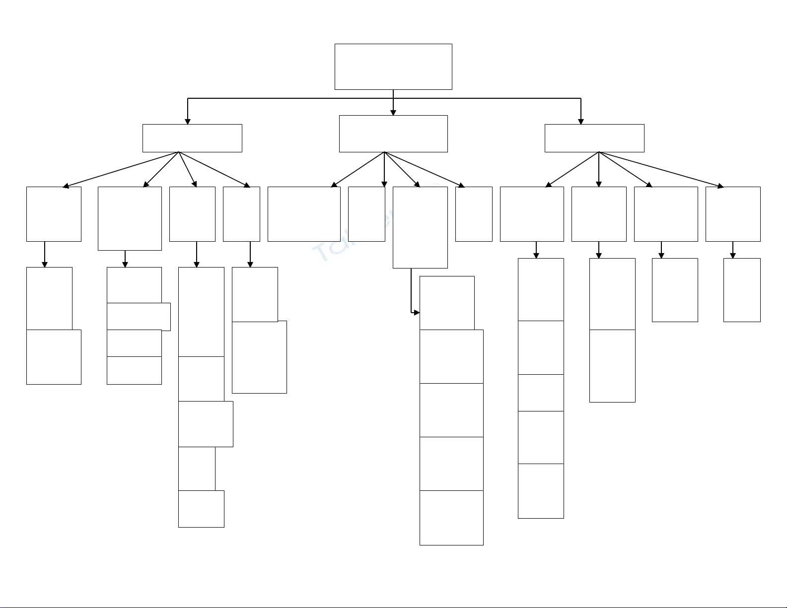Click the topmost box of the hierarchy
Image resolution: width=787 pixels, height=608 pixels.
point(393,67)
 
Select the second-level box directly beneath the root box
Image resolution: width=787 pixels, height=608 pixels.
point(393,134)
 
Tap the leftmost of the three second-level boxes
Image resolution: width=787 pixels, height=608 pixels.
point(192,138)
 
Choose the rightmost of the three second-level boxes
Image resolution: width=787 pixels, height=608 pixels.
point(594,138)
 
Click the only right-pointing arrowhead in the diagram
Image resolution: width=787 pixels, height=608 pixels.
point(417,313)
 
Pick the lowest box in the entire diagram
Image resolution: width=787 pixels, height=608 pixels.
point(451,518)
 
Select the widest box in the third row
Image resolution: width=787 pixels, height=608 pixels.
point(304,214)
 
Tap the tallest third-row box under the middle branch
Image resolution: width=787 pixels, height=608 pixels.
point(420,227)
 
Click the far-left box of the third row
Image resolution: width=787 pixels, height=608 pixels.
point(54,214)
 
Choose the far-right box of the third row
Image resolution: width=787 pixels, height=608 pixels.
point(733,214)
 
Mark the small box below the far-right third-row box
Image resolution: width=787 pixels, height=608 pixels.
point(742,290)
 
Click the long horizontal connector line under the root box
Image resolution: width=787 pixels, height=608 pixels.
point(298,98)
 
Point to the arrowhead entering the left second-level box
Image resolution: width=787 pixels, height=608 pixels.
point(188,121)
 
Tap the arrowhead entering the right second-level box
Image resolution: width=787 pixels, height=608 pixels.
point(581,121)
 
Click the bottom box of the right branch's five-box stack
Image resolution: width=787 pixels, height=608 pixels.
point(541,491)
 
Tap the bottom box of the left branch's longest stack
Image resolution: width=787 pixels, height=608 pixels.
point(201,509)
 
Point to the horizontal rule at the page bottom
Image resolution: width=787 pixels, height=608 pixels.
point(393,607)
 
